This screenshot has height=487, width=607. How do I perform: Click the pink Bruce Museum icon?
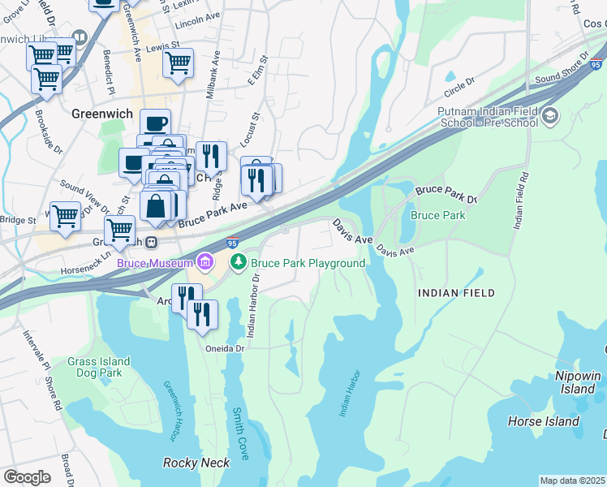tap(205, 262)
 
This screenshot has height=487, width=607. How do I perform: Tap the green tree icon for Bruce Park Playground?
tap(239, 262)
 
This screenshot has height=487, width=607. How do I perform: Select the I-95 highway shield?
tap(233, 243)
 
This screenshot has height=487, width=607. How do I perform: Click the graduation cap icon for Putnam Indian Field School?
tap(551, 115)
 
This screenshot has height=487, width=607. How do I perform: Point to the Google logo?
tap(27, 477)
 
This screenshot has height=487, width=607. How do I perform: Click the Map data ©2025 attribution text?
tap(572, 481)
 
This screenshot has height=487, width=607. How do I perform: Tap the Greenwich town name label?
tap(101, 114)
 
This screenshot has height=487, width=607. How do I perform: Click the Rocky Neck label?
tap(196, 463)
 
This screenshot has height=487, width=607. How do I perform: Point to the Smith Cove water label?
tap(239, 431)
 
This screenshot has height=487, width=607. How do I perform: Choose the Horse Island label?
tap(543, 421)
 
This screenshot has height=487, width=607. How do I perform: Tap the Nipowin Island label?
tap(578, 382)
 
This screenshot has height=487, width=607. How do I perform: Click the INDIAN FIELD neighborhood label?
tap(455, 292)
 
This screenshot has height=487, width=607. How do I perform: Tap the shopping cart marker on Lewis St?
tap(178, 62)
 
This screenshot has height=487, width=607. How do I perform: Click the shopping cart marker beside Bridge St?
tap(65, 216)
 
